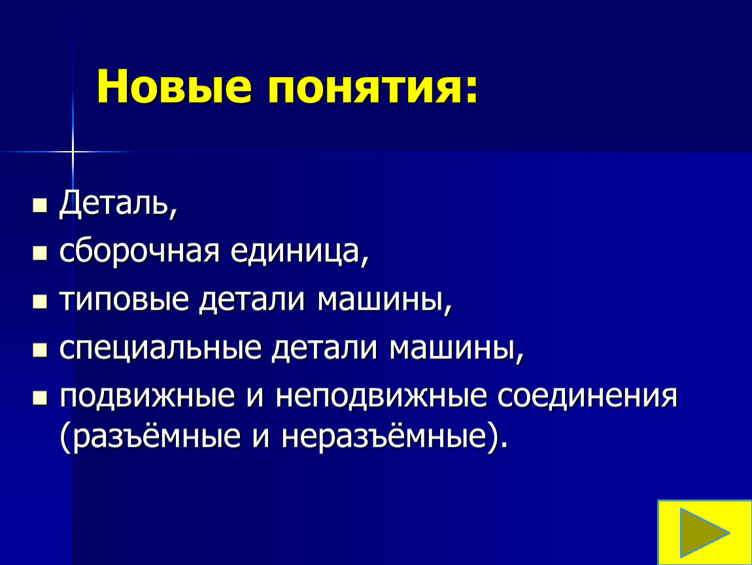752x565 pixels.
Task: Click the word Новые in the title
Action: tap(174, 86)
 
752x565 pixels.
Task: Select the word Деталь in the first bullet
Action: tap(114, 203)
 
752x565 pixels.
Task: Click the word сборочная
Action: tap(139, 251)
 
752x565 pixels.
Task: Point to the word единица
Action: tap(295, 251)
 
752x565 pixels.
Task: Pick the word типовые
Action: tap(124, 300)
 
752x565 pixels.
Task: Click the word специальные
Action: tap(160, 348)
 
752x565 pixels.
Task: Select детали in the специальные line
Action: tap(324, 348)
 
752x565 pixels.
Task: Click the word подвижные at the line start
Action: tap(147, 397)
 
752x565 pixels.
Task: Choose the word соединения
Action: tap(587, 396)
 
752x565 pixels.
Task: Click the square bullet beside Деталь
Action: tap(40, 205)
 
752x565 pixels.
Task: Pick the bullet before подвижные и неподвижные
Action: tap(40, 398)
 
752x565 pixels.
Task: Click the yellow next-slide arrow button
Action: tap(704, 532)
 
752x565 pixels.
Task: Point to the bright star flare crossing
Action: tap(73, 152)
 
